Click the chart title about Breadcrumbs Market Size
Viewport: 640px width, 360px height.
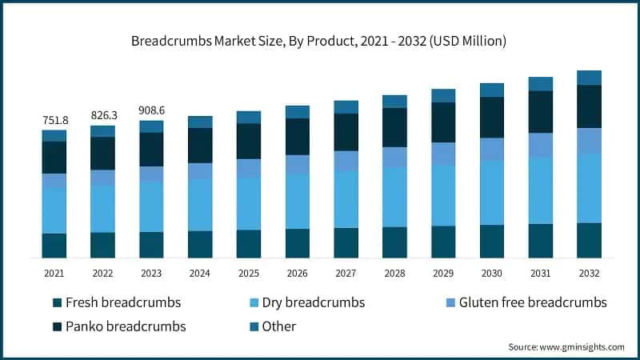pyautogui.click(x=320, y=39)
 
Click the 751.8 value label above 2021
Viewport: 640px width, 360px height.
pyautogui.click(x=54, y=120)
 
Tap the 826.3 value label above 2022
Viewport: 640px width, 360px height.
pyautogui.click(x=103, y=115)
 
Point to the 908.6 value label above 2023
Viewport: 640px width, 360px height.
pyautogui.click(x=152, y=110)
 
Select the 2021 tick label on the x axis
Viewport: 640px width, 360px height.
pyautogui.click(x=54, y=273)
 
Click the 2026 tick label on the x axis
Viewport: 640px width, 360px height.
pyautogui.click(x=298, y=273)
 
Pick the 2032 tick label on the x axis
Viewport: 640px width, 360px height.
pyautogui.click(x=590, y=273)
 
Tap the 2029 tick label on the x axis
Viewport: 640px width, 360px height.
pyautogui.click(x=443, y=273)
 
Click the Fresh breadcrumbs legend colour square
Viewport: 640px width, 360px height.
pyautogui.click(x=55, y=303)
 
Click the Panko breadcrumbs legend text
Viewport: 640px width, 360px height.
pyautogui.click(x=126, y=326)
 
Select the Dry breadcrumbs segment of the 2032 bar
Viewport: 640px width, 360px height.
pyautogui.click(x=590, y=188)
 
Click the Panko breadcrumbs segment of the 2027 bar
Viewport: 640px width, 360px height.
pyautogui.click(x=346, y=132)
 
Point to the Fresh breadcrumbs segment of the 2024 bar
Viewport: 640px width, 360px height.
pyautogui.click(x=200, y=244)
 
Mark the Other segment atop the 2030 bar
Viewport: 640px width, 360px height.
pyautogui.click(x=492, y=90)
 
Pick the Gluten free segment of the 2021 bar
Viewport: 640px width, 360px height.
pyautogui.click(x=54, y=182)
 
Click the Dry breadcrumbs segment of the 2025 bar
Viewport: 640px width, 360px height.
pyautogui.click(x=249, y=203)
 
